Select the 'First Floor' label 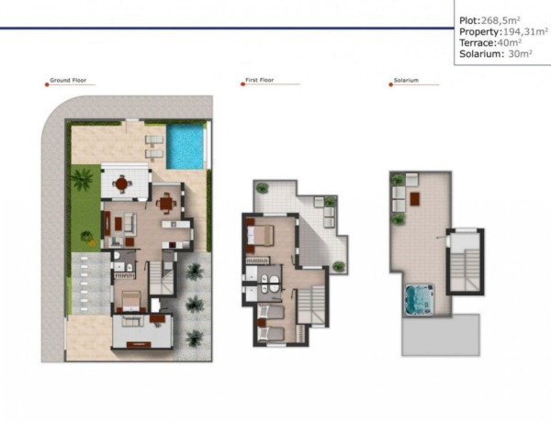click(260, 81)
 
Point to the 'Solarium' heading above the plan click(406, 81)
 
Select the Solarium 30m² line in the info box click(496, 54)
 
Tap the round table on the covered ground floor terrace click(121, 183)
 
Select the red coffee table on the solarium click(415, 196)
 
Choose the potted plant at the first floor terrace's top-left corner click(263, 188)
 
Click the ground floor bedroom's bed click(130, 299)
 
